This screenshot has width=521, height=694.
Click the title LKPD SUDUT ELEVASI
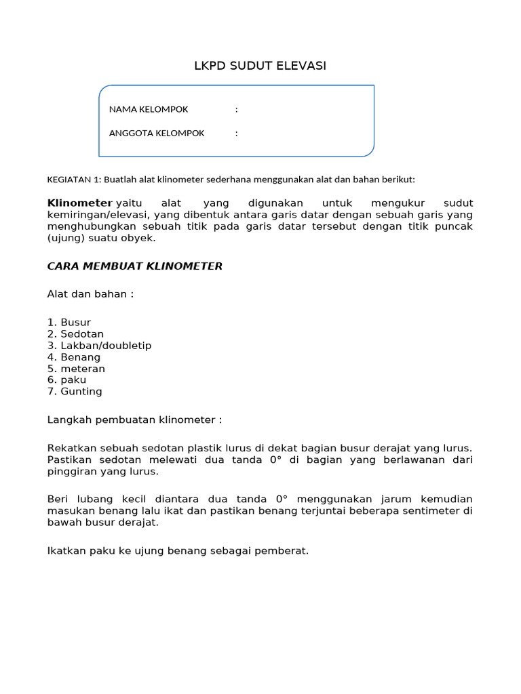pyautogui.click(x=260, y=66)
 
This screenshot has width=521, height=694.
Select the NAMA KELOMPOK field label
pyautogui.click(x=149, y=109)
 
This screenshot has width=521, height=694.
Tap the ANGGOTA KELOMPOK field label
pyautogui.click(x=157, y=133)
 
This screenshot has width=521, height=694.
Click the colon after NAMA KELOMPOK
pyautogui.click(x=236, y=109)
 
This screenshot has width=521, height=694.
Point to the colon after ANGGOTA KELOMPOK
pyautogui.click(x=236, y=133)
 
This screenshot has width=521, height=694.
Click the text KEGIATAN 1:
pyautogui.click(x=73, y=180)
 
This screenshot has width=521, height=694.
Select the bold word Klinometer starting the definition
pyautogui.click(x=79, y=203)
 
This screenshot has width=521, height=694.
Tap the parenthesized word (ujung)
pyautogui.click(x=64, y=238)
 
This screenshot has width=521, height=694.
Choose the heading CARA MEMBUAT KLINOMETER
pyautogui.click(x=134, y=266)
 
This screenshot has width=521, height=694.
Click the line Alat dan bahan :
pyautogui.click(x=90, y=294)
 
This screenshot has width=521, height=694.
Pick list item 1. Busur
pyautogui.click(x=69, y=323)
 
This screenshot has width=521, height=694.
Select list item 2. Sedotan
pyautogui.click(x=75, y=334)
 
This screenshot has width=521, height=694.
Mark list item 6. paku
pyautogui.click(x=66, y=380)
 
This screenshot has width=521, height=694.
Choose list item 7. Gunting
pyautogui.click(x=75, y=392)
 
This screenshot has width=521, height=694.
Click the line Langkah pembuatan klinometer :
pyautogui.click(x=134, y=420)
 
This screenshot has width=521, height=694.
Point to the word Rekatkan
pyautogui.click(x=71, y=449)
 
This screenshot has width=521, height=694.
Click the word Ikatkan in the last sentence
pyautogui.click(x=66, y=551)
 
